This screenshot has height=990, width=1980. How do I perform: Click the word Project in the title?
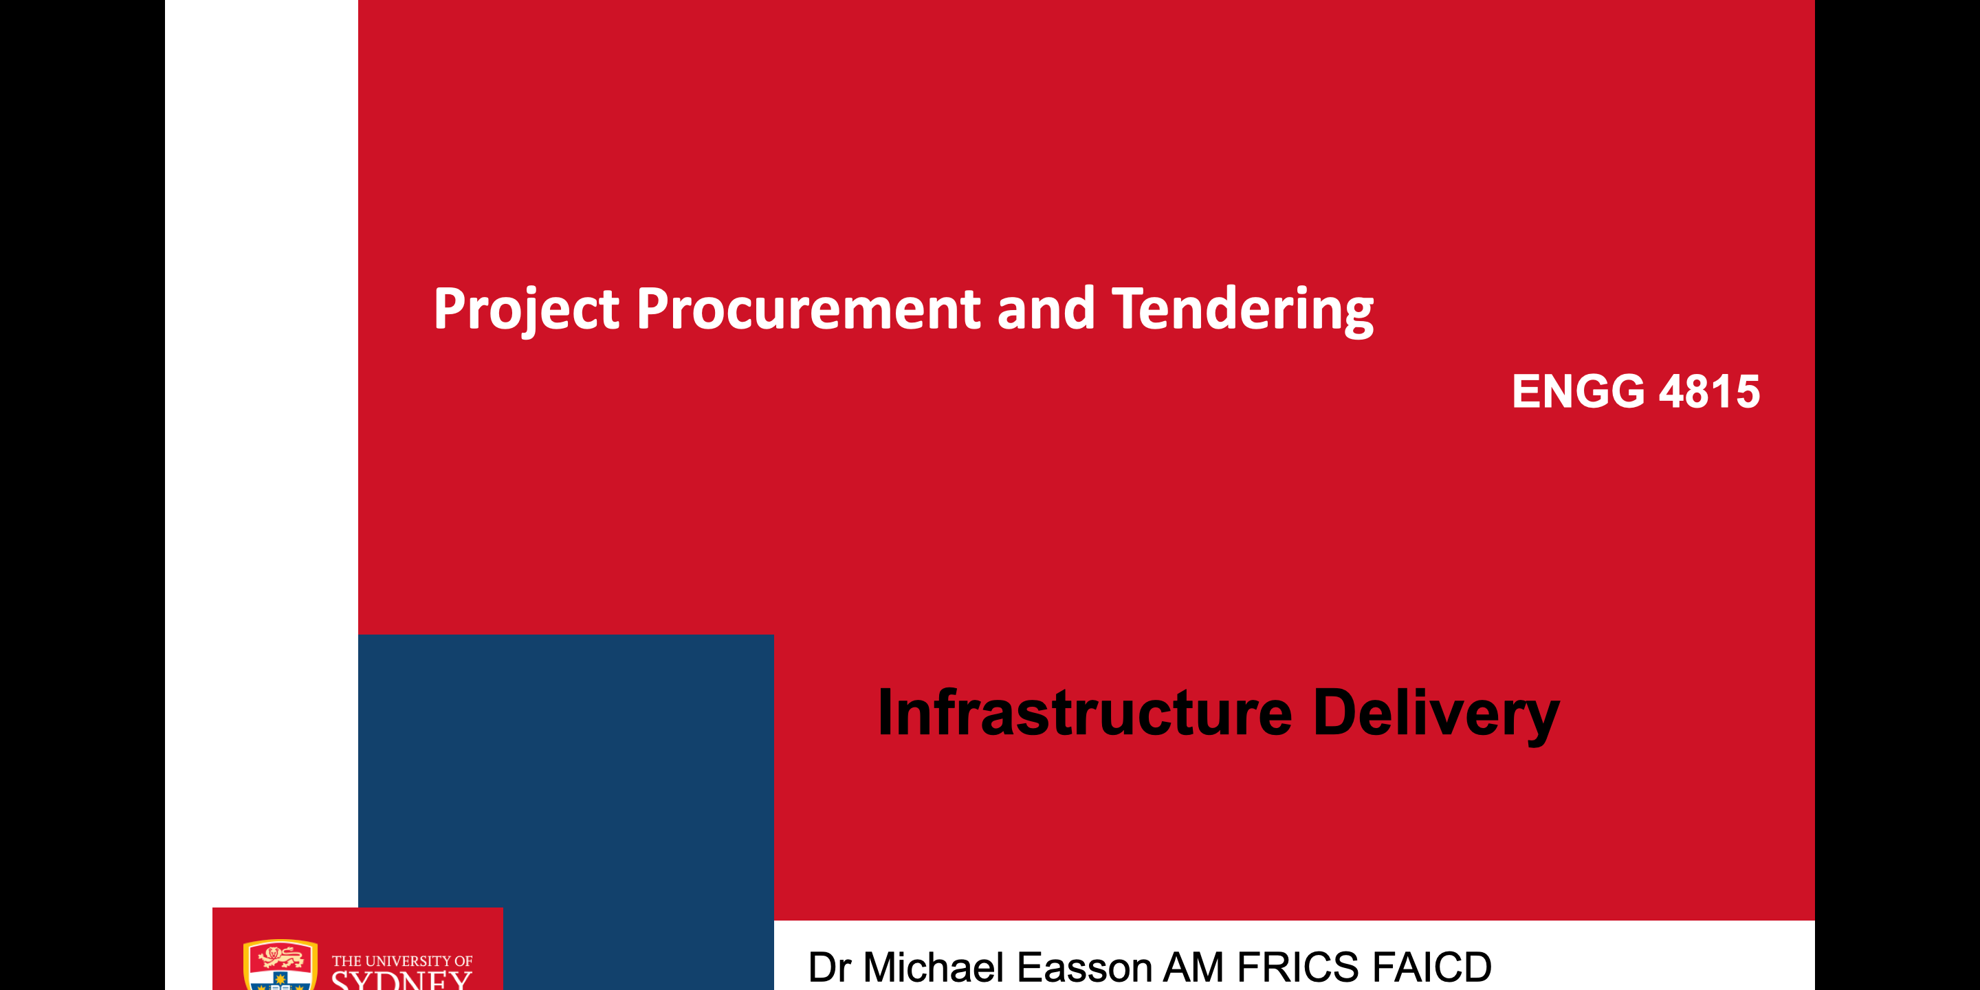(x=527, y=310)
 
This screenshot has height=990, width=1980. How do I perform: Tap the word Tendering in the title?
(x=1243, y=310)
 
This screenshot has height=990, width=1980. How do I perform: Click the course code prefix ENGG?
(x=1578, y=391)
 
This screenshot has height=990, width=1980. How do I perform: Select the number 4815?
(x=1709, y=391)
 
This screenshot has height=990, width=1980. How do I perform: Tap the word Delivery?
(x=1435, y=715)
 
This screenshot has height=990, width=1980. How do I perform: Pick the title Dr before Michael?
(x=829, y=967)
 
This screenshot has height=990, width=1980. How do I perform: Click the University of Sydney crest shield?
(x=280, y=965)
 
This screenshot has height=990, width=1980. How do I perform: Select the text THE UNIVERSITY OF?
(x=402, y=961)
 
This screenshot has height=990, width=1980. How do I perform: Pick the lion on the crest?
(x=280, y=958)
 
